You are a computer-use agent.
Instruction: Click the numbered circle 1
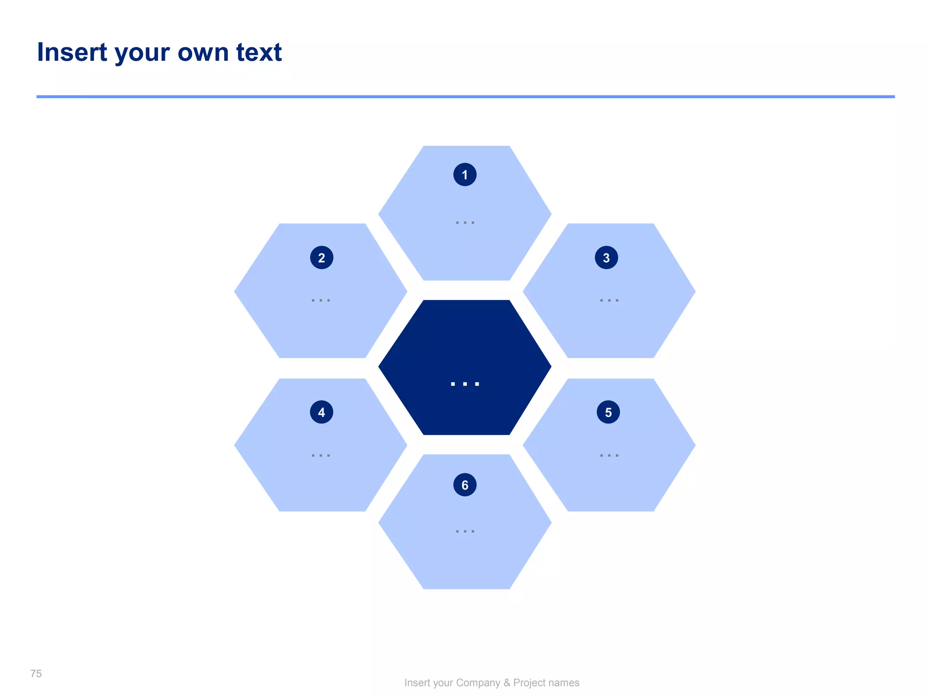click(465, 174)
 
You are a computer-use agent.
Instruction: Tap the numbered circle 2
click(322, 258)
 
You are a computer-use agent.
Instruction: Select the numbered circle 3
click(606, 258)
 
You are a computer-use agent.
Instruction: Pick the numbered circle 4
click(322, 412)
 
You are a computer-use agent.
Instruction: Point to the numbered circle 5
click(608, 412)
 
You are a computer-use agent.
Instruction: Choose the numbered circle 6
click(465, 485)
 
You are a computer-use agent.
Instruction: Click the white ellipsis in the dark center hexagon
click(465, 384)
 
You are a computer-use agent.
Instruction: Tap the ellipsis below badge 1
click(465, 223)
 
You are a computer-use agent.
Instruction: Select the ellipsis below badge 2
click(321, 300)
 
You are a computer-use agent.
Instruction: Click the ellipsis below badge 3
click(609, 300)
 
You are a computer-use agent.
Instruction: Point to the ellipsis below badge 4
click(321, 455)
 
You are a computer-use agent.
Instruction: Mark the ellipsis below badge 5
click(609, 455)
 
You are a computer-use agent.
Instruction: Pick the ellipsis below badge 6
click(465, 531)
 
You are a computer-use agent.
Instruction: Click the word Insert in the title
click(72, 52)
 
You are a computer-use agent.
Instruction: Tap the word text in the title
click(259, 52)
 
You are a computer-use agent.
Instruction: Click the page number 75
click(36, 673)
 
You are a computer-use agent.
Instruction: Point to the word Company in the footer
click(478, 683)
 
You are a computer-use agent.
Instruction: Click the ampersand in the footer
click(507, 683)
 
